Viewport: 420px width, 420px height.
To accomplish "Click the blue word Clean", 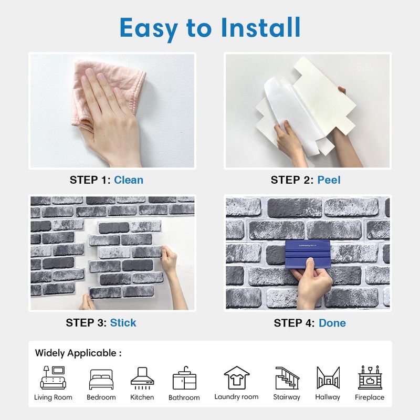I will pyautogui.click(x=129, y=180).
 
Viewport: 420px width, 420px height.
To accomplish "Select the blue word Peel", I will pyautogui.click(x=329, y=180).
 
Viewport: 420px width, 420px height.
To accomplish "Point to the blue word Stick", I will pyautogui.click(x=123, y=322).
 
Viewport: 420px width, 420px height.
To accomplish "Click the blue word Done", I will pyautogui.click(x=332, y=323).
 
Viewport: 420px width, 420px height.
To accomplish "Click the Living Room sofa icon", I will pyautogui.click(x=53, y=377).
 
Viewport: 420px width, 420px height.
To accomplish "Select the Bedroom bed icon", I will pyautogui.click(x=101, y=379).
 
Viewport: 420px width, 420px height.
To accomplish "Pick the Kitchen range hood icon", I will pyautogui.click(x=142, y=377).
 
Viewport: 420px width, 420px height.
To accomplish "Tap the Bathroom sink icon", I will pyautogui.click(x=184, y=378).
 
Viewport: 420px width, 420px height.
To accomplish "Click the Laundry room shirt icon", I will pyautogui.click(x=236, y=377).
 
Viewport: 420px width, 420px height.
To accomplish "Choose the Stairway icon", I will pyautogui.click(x=287, y=377).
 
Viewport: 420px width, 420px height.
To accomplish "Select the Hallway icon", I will pyautogui.click(x=328, y=377).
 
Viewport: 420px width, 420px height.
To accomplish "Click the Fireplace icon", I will pyautogui.click(x=370, y=377).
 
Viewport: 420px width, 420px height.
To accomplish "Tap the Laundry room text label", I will pyautogui.click(x=236, y=397).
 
